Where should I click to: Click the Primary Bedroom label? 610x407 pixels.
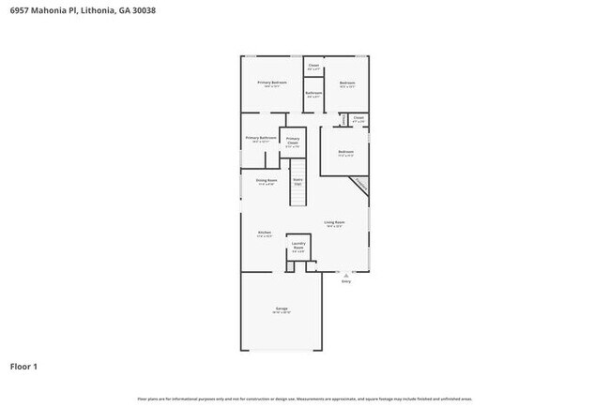coord(272,83)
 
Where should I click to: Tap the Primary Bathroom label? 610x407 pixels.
coord(261,138)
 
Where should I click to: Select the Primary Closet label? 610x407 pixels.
coord(293,141)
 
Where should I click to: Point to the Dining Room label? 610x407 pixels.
coord(267,180)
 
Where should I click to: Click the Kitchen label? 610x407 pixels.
coord(265,234)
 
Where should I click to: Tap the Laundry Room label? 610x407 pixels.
coord(297,246)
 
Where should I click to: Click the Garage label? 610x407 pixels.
coord(282,309)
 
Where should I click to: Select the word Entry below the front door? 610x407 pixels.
coord(345,280)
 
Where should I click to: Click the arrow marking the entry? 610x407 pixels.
coord(345,273)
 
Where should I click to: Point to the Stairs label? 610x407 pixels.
coord(297,180)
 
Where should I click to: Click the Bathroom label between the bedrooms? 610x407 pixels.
coord(314,93)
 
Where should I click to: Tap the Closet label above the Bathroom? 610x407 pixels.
coord(314,66)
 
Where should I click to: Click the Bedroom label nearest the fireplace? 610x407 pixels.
coord(345,152)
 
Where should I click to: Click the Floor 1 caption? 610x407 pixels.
coord(24,366)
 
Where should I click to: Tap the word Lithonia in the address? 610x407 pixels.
coord(98,10)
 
